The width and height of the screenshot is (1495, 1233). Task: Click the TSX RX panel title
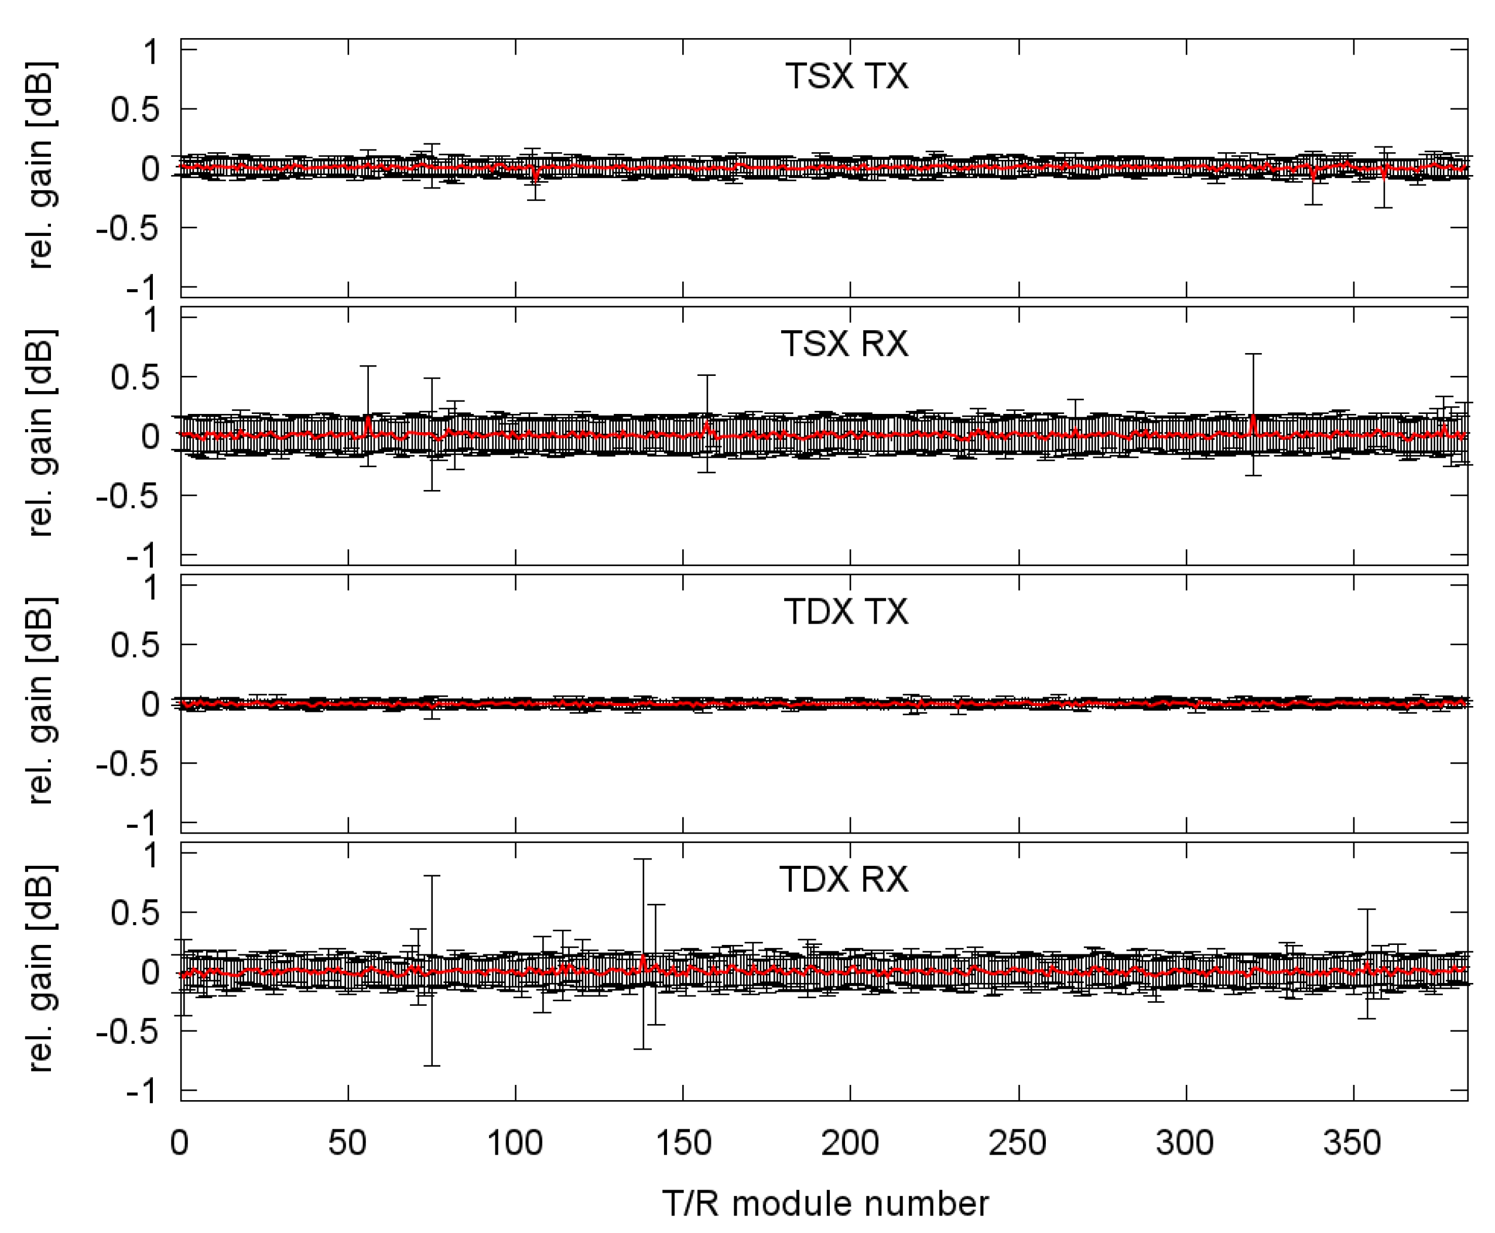click(844, 344)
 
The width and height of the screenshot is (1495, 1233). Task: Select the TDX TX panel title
click(846, 612)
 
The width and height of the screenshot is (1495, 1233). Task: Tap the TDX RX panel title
click(844, 879)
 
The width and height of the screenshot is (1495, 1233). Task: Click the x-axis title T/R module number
click(825, 1203)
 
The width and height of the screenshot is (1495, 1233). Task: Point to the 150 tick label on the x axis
click(683, 1143)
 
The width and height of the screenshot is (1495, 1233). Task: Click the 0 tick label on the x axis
click(180, 1143)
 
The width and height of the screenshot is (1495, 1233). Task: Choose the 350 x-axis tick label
click(1352, 1143)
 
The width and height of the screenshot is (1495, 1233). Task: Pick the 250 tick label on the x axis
click(1018, 1143)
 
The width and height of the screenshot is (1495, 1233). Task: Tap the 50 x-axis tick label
click(347, 1143)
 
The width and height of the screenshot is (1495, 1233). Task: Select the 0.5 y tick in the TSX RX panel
click(135, 377)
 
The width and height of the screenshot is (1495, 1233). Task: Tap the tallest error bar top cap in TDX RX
click(643, 859)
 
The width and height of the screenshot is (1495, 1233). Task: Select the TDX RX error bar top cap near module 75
click(432, 876)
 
